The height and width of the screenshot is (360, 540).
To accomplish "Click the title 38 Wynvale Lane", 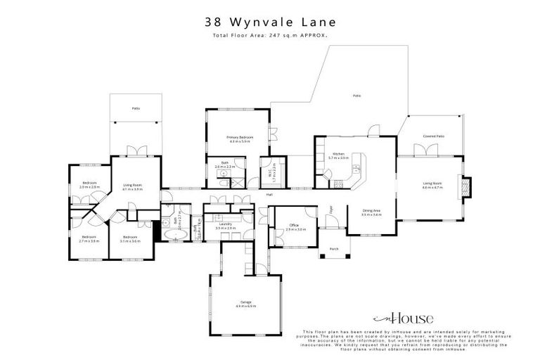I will click(x=270, y=23).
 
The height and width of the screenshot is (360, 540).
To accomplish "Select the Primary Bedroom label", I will click(x=239, y=138).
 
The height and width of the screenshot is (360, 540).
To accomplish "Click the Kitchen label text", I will click(x=338, y=156).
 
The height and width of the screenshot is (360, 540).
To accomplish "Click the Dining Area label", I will click(x=371, y=212).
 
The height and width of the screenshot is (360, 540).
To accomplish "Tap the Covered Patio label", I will click(x=432, y=136).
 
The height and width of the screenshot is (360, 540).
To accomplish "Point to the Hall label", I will click(x=269, y=194).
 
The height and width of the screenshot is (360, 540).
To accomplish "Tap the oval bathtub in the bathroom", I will click(x=174, y=235).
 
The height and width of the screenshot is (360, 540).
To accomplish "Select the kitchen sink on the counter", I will click(x=357, y=169).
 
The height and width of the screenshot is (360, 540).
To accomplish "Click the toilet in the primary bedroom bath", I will click(x=223, y=183).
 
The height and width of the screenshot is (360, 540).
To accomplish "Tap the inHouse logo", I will click(x=409, y=318).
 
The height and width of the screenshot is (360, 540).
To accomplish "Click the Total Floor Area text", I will click(x=270, y=35).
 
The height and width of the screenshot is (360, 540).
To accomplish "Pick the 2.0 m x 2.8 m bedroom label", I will click(x=89, y=186).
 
